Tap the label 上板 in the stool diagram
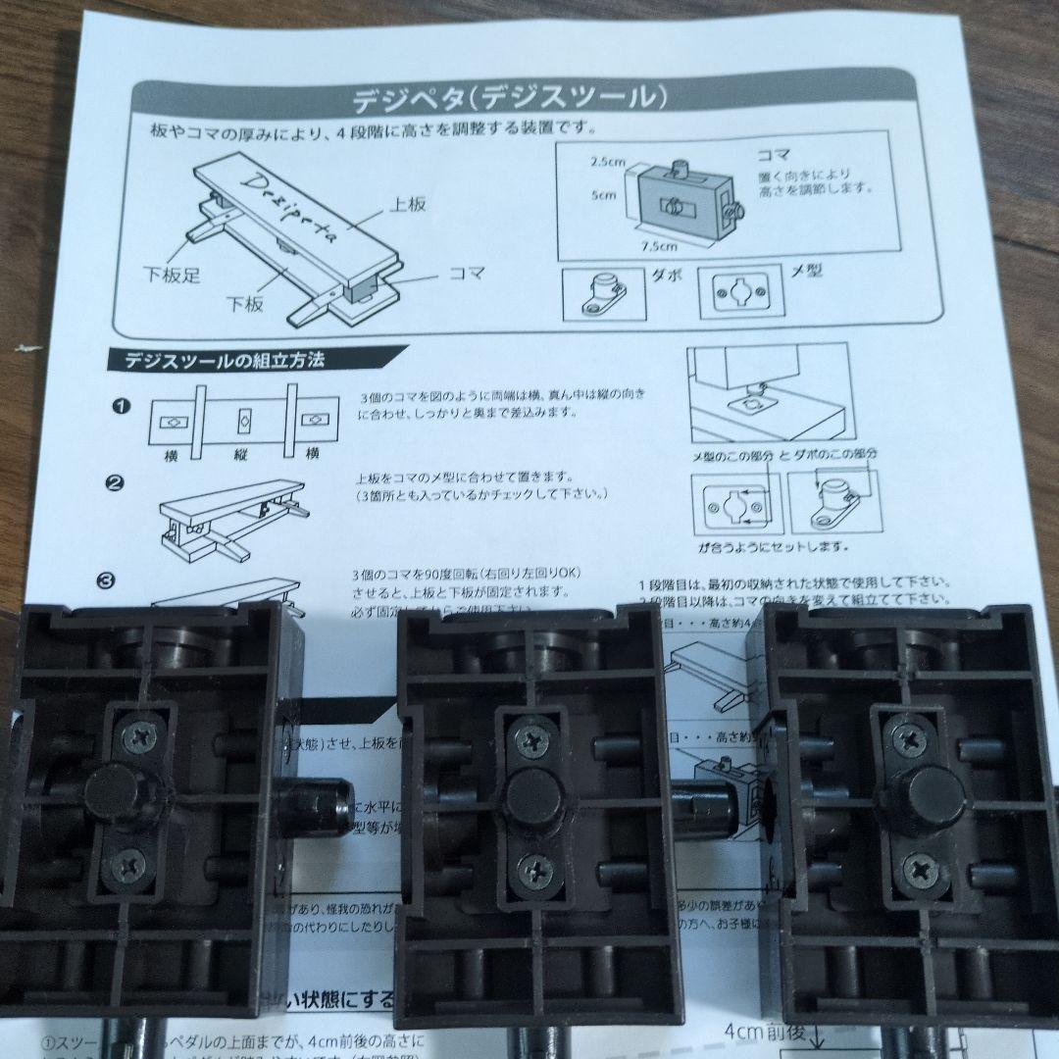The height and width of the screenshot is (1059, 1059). [410, 205]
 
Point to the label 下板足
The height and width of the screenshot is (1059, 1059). [173, 276]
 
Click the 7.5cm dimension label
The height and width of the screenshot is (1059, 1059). [659, 246]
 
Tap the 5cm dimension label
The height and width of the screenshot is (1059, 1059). [603, 195]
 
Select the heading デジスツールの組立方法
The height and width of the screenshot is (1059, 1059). [224, 360]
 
